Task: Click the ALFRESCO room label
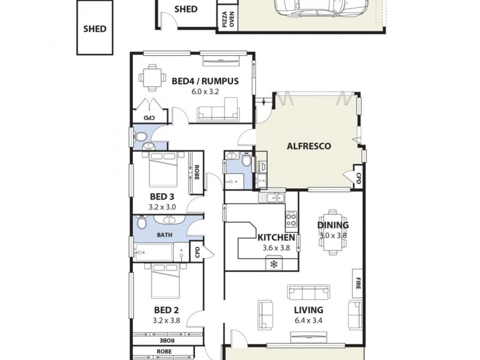point(309,146)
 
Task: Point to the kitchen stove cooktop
point(291,219)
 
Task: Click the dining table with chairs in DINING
point(333,234)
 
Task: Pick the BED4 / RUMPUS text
point(205,81)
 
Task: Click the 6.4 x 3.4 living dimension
point(309,321)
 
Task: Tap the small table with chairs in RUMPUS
point(151,77)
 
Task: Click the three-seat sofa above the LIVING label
point(309,292)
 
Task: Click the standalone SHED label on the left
point(95,29)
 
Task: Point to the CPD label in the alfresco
point(358,178)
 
